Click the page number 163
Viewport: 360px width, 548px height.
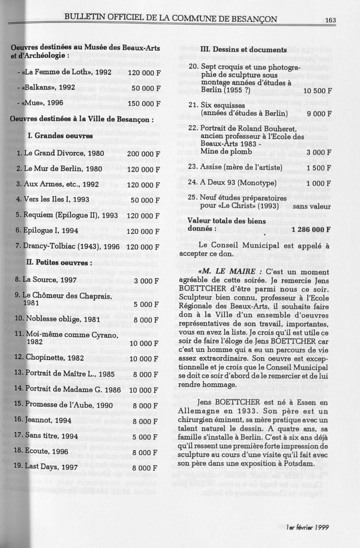pos(330,19)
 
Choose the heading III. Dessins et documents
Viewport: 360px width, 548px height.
pos(243,49)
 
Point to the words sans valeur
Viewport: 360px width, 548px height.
pos(311,206)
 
